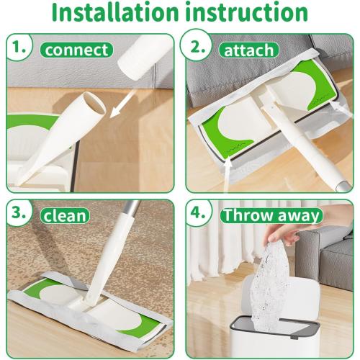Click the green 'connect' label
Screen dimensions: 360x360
[x=77, y=50]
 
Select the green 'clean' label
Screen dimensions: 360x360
[x=65, y=214]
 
